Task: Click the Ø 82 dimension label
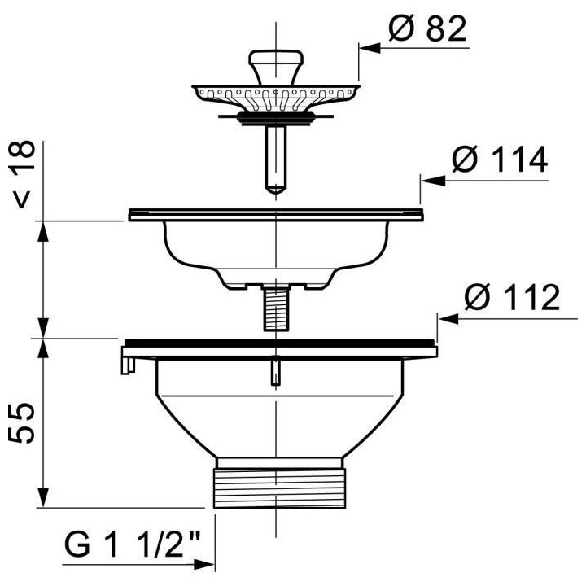click(x=427, y=28)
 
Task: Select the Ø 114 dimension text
click(x=499, y=160)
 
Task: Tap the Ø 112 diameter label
click(x=512, y=297)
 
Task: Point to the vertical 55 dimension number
click(x=21, y=422)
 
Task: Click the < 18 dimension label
click(x=22, y=174)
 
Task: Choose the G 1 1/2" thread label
click(x=133, y=544)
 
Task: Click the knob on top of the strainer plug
click(x=276, y=67)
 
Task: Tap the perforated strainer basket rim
click(x=276, y=98)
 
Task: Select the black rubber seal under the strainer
click(x=276, y=117)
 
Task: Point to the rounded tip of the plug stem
click(x=276, y=189)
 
